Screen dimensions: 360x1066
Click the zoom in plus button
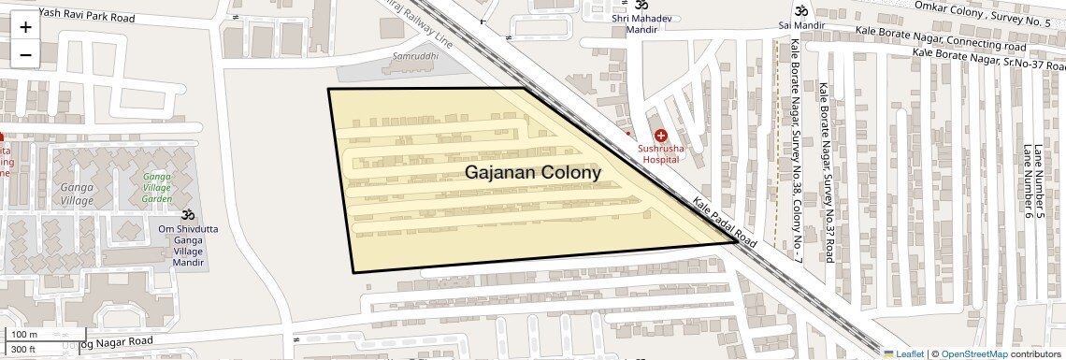(25, 26)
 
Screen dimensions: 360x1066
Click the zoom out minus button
(25, 54)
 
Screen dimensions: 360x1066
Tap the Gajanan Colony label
(533, 173)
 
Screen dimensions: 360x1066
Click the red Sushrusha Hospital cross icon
(661, 137)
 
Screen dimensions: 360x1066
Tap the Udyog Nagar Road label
(107, 342)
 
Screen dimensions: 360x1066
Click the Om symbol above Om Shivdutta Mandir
(187, 216)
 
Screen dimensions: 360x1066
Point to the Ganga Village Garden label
(157, 187)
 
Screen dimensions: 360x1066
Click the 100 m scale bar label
(23, 335)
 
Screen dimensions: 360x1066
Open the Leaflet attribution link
(903, 353)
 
